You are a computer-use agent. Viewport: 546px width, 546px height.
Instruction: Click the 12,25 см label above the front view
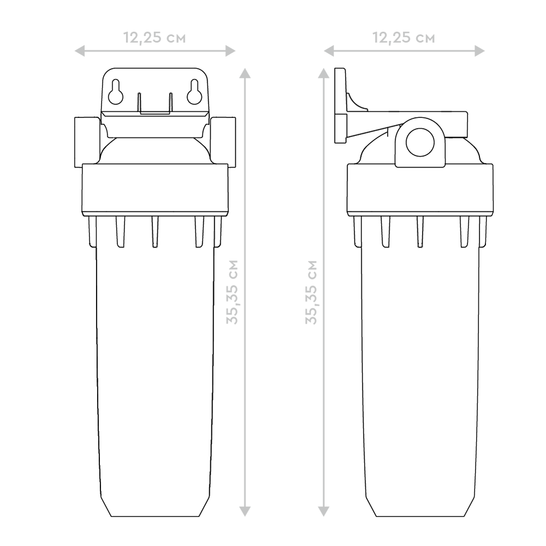155,38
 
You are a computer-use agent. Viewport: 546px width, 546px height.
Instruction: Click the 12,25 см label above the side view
404,38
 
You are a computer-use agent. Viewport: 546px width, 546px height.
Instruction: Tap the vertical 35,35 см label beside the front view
232,292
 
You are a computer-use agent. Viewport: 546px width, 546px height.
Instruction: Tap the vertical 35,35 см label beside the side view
311,292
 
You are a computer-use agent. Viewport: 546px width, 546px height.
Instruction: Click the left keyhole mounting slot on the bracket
116,92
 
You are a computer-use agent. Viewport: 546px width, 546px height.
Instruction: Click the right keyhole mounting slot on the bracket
194,92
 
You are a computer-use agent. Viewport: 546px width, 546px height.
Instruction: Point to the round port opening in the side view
420,142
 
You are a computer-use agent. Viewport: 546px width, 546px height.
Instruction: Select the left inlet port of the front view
87,142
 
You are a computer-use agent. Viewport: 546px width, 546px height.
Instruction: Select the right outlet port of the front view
223,142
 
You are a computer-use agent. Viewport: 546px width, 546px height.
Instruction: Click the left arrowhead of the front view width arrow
79,51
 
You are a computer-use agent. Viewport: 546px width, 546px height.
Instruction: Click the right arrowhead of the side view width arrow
480,51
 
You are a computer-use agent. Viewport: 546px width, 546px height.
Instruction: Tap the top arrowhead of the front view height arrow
245,73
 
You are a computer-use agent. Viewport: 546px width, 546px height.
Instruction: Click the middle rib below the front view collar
155,232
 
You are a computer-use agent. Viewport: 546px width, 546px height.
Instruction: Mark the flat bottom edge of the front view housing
155,517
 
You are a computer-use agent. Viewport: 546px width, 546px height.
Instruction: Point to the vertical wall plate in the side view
340,105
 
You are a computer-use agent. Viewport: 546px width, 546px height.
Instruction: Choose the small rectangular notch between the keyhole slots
155,103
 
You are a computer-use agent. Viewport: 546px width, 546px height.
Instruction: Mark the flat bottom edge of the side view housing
420,517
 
